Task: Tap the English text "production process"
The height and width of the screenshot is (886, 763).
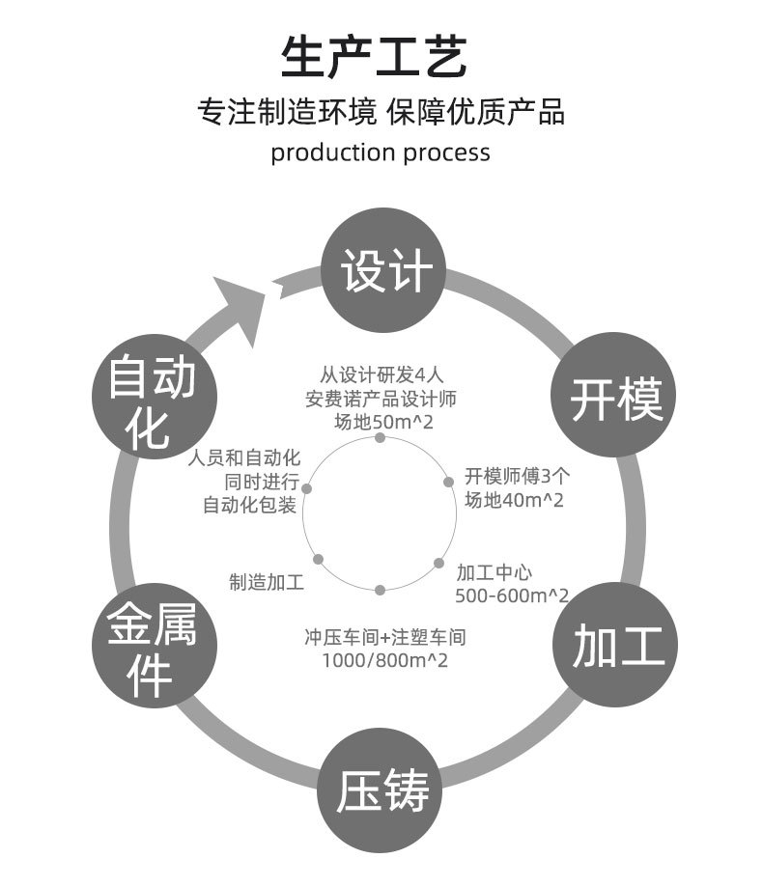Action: coord(381,152)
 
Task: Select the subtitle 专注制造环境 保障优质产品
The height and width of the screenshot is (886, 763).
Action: coord(381,111)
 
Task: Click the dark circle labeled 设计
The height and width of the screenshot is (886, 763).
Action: coord(384,271)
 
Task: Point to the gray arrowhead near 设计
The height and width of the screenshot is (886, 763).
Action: coord(246,303)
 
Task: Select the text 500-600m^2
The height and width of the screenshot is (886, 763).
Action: coord(511,595)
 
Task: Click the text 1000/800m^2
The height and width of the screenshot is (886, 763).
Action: coord(384,660)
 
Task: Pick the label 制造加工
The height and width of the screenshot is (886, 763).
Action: coord(266,582)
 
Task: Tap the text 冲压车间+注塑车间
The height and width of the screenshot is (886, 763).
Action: coord(385,638)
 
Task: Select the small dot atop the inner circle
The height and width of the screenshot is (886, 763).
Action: coord(380,438)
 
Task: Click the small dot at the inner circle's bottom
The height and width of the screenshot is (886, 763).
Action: coord(381,589)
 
